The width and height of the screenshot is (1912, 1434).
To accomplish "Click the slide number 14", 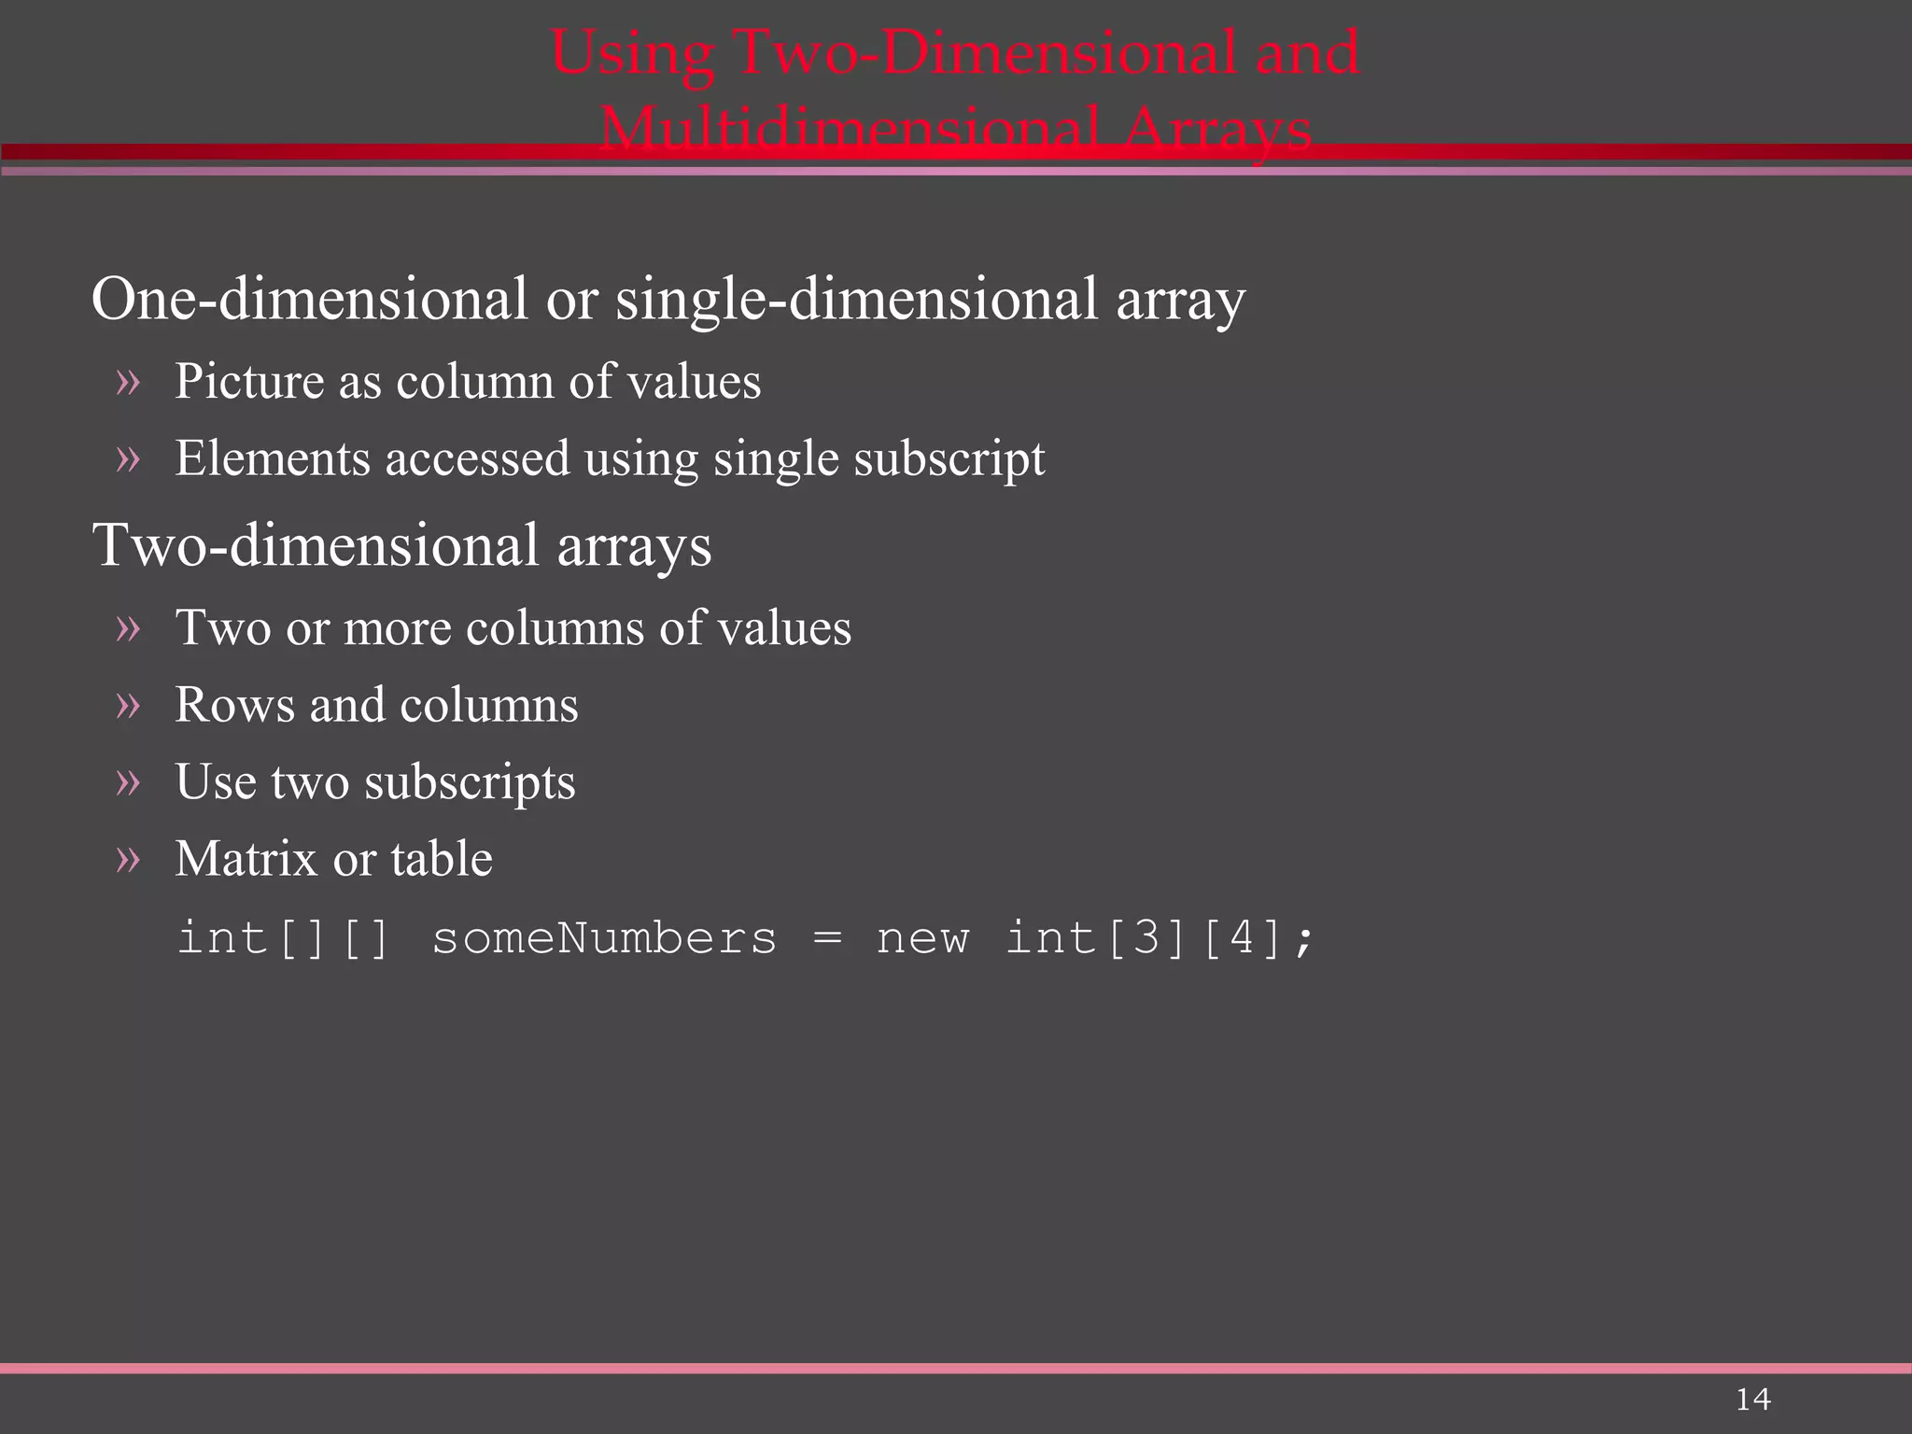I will pyautogui.click(x=1752, y=1399).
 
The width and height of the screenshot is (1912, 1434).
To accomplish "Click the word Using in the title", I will pyautogui.click(x=633, y=52).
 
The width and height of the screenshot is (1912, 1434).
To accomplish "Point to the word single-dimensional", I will pyautogui.click(x=856, y=300).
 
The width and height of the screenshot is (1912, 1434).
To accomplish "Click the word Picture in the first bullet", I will pyautogui.click(x=249, y=382).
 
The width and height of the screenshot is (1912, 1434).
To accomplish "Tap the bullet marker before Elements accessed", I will pyautogui.click(x=128, y=458).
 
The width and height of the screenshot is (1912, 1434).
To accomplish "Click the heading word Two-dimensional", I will pyautogui.click(x=316, y=545).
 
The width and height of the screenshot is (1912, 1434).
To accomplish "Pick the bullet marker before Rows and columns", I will pyautogui.click(x=128, y=705).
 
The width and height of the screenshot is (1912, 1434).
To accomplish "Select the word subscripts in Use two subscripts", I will pyautogui.click(x=470, y=782).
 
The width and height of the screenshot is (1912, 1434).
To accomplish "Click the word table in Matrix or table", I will pyautogui.click(x=442, y=859).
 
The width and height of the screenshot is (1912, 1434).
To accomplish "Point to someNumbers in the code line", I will pyautogui.click(x=604, y=937).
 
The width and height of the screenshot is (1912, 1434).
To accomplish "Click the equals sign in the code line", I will pyautogui.click(x=827, y=937).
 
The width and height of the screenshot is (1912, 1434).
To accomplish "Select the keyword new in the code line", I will pyautogui.click(x=922, y=937).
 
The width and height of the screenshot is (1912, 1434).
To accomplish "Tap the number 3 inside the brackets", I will pyautogui.click(x=1146, y=937).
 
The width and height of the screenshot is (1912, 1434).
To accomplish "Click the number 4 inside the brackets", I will pyautogui.click(x=1242, y=937).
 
